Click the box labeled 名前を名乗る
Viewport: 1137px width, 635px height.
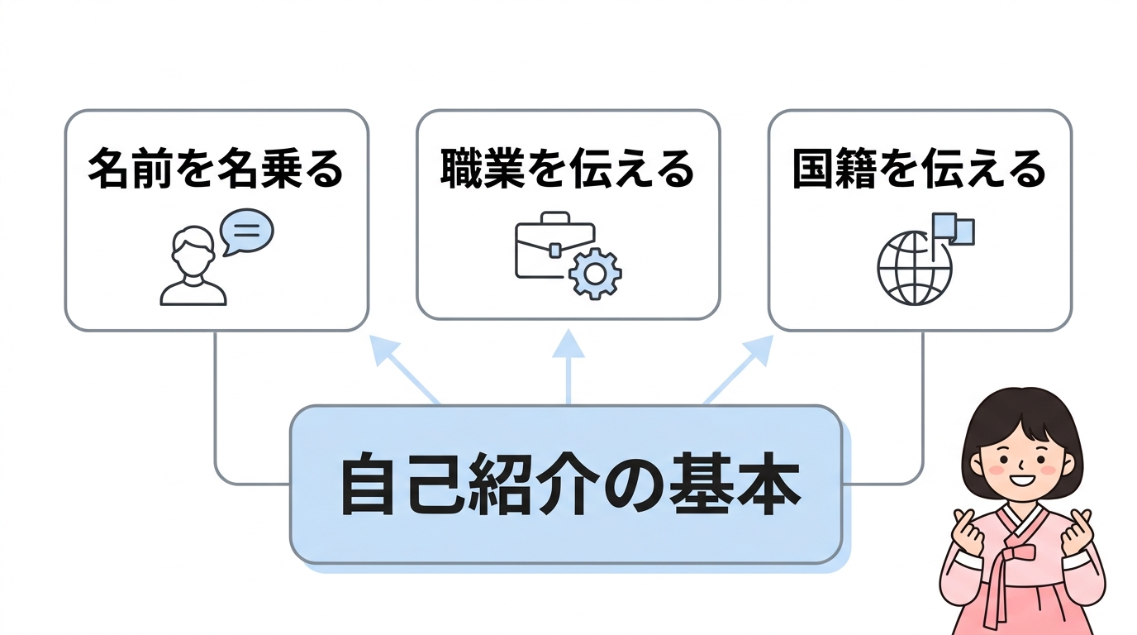216,220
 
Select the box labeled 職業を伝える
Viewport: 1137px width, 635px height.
568,215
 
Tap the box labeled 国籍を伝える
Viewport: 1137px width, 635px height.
920,220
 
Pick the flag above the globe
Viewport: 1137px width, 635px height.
953,228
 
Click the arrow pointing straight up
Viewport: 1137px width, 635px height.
568,364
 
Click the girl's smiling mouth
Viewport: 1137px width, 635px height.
1023,480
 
